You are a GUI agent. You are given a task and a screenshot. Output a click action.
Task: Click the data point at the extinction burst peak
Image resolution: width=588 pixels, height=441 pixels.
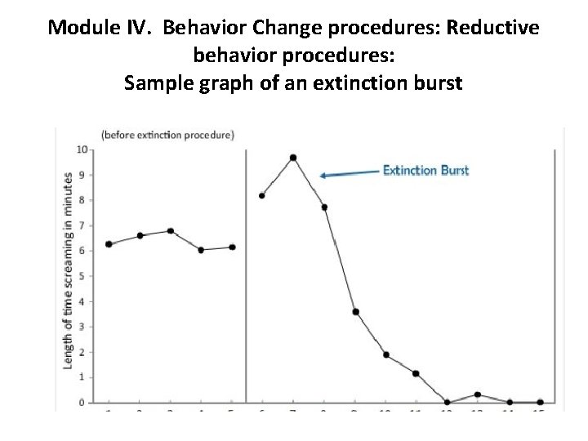click(x=292, y=158)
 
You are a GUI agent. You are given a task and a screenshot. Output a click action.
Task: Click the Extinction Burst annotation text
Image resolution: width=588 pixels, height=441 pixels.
click(x=425, y=171)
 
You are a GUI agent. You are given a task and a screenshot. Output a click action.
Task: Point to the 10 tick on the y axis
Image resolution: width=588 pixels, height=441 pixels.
click(x=81, y=149)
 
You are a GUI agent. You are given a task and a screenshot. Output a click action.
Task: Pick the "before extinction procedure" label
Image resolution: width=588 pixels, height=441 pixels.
click(x=167, y=134)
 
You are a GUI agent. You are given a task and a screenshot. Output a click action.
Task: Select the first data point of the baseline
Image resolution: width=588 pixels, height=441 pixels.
click(x=109, y=244)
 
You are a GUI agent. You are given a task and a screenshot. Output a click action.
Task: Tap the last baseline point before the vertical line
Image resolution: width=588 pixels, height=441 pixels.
click(x=233, y=247)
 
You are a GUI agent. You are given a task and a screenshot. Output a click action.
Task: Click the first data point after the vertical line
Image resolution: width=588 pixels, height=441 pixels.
click(x=261, y=195)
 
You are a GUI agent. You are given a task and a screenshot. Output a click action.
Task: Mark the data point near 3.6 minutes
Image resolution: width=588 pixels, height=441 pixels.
click(x=355, y=312)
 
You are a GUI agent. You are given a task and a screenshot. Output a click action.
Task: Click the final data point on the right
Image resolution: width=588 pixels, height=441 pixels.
click(x=541, y=402)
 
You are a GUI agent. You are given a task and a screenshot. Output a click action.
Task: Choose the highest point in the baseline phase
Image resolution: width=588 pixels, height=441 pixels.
click(x=170, y=231)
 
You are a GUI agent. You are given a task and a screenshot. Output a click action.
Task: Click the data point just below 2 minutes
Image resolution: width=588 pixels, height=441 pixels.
click(x=385, y=355)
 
